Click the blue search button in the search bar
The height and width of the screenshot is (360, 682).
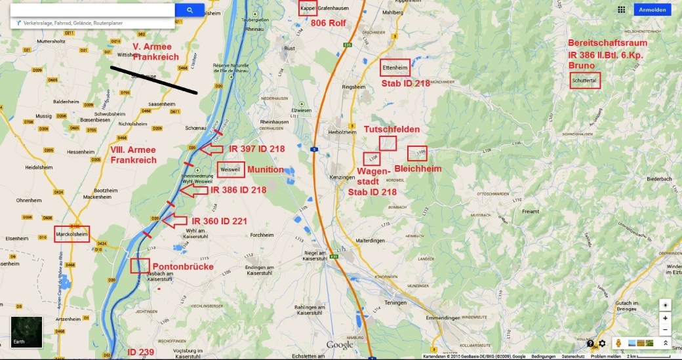coord(190,10)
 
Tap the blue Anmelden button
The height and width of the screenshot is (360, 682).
coord(652,10)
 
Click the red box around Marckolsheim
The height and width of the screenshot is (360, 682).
coord(71,234)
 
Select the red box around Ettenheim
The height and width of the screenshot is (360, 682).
coord(395,68)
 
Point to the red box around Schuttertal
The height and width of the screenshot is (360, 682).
coord(585,80)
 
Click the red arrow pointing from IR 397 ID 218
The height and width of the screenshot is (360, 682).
coord(211,150)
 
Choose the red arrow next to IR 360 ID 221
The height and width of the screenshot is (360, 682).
coord(174,221)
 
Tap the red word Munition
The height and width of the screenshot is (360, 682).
coord(266,170)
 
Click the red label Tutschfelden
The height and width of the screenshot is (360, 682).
coord(391,130)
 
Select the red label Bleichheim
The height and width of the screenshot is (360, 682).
coord(418,169)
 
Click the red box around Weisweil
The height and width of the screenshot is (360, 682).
coord(231,169)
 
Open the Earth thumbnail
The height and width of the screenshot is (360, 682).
coord(26,332)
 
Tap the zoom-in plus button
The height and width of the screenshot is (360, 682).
coord(666,318)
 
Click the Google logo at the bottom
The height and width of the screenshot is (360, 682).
coord(340,345)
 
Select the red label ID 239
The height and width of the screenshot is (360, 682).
coord(140,352)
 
